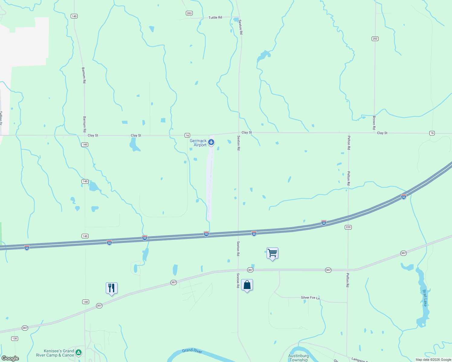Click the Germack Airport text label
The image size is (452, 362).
tap(198, 143)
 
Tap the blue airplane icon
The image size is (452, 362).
tap(211, 142)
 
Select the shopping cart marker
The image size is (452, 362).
tap(272, 253)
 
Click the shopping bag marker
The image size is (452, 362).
tap(247, 285)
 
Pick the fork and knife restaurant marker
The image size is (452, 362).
tap(111, 288)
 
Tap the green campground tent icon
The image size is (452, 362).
tap(79, 352)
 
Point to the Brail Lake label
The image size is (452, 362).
tap(425, 298)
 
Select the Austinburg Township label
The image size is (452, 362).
tap(299, 358)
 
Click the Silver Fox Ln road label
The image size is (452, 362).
tap(310, 298)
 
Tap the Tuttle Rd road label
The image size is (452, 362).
tap(215, 17)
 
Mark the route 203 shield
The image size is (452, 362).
tap(189, 13)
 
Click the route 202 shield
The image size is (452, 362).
tap(375, 39)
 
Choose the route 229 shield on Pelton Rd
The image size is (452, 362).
tap(348, 227)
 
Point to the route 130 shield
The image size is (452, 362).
tap(15, 338)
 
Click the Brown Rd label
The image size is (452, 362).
tap(374, 122)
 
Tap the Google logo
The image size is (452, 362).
tap(10, 358)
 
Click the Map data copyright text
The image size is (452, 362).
tap(433, 360)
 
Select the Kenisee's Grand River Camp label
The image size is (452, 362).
tap(55, 353)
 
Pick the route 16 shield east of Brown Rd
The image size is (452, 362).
tap(432, 133)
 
